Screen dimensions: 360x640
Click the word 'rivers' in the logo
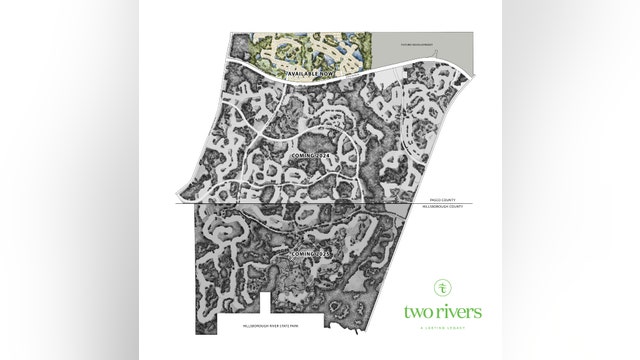click(x=460, y=312)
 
